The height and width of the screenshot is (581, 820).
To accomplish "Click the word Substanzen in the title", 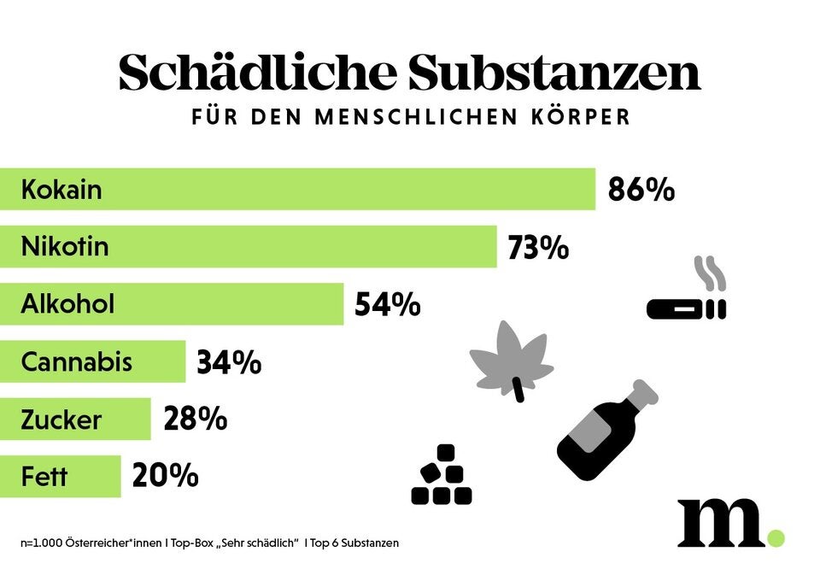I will point(553,73).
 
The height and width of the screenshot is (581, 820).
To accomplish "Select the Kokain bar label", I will point(61,189).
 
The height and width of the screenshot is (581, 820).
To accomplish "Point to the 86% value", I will point(641,190).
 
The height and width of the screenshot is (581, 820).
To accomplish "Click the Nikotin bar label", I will point(65,247).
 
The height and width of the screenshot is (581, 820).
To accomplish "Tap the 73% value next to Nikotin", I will point(538,248).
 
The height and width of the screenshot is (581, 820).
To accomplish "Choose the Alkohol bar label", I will point(67,304).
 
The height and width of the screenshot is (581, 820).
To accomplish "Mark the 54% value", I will point(388,305).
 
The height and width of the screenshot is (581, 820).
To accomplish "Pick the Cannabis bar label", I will point(77,362).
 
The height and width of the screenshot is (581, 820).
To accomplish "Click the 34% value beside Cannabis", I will point(229,363).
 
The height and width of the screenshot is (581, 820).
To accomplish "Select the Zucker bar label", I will point(61,420).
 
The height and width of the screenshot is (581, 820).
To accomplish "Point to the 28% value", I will point(195,420).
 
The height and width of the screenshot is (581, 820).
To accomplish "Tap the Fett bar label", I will point(44,477).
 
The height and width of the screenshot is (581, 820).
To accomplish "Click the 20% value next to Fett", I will point(165,477).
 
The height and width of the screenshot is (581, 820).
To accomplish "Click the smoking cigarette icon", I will point(688,295).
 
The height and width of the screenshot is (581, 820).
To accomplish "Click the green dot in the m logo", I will point(774,537).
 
